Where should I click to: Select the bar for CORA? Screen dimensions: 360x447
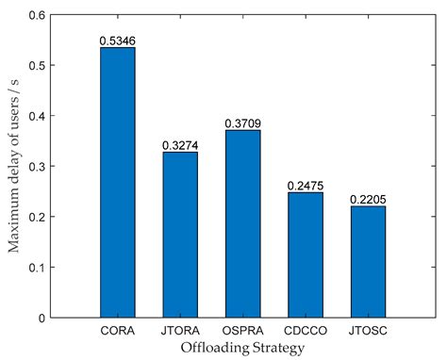tap(118, 182)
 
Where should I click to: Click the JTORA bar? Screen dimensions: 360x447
tap(181, 235)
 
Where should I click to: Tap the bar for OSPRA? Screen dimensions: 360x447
tap(243, 223)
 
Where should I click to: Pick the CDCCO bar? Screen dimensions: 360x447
tap(306, 254)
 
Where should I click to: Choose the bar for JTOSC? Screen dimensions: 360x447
tap(368, 261)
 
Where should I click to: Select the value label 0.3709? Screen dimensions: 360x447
tap(243, 123)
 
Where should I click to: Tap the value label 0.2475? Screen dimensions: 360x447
tap(306, 186)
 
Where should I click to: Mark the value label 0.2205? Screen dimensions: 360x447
tap(368, 199)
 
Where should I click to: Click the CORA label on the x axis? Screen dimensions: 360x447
tap(118, 330)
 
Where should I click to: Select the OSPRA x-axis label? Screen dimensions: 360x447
tap(243, 330)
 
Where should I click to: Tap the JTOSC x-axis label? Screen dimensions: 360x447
tap(368, 330)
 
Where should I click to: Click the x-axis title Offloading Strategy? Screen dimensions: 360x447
tap(242, 348)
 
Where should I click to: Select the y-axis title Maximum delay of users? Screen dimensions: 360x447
tap(16, 166)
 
